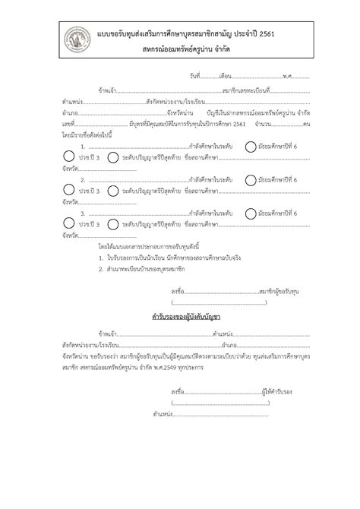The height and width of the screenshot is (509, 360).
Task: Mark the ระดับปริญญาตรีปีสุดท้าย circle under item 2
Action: [x=112, y=192]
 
